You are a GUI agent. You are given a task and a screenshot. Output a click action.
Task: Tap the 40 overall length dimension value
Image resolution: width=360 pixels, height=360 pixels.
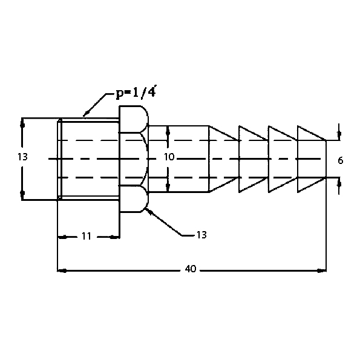(x=191, y=269)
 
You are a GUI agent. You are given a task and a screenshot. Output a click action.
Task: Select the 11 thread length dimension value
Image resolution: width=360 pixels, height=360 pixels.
(x=87, y=236)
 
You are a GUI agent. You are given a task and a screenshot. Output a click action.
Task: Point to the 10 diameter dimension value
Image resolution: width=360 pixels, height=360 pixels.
(x=169, y=157)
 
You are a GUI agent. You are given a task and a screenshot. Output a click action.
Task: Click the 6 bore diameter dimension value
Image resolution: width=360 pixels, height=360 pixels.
(x=341, y=160)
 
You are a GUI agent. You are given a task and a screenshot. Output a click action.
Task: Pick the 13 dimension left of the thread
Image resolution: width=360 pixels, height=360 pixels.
(x=22, y=157)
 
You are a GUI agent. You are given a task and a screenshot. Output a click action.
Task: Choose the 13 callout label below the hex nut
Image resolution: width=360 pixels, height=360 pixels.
(x=201, y=235)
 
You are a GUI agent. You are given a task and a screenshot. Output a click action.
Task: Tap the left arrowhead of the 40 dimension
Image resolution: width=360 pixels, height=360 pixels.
(x=62, y=271)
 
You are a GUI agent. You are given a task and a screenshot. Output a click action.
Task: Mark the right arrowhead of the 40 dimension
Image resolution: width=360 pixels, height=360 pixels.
(x=321, y=271)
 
